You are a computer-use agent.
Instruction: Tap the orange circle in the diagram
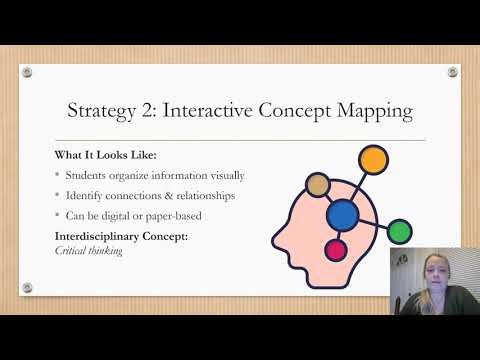(372, 158)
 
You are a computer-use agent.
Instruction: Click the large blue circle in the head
(343, 213)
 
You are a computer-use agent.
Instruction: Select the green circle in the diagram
(400, 232)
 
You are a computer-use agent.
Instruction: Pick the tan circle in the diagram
(318, 184)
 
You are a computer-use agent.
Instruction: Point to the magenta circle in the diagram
(336, 250)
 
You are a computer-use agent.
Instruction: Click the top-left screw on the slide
(28, 72)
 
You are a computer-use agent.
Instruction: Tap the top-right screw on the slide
(452, 72)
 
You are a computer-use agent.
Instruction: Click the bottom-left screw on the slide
(28, 286)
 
